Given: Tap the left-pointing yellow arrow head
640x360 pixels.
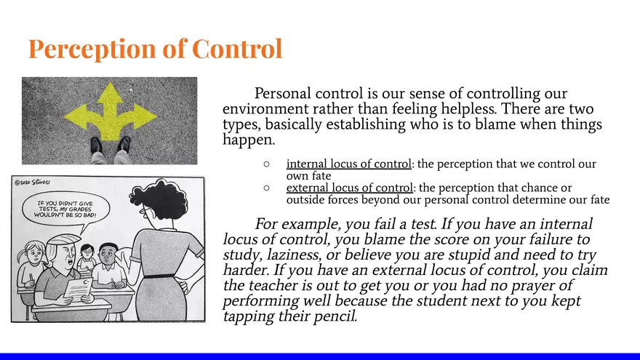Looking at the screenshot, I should tap(75, 116).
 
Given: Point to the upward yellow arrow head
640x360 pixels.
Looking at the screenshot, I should tap(111, 92).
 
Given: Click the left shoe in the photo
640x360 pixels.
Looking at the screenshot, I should tap(96, 145).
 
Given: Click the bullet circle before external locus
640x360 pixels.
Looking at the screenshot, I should tap(267, 188).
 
